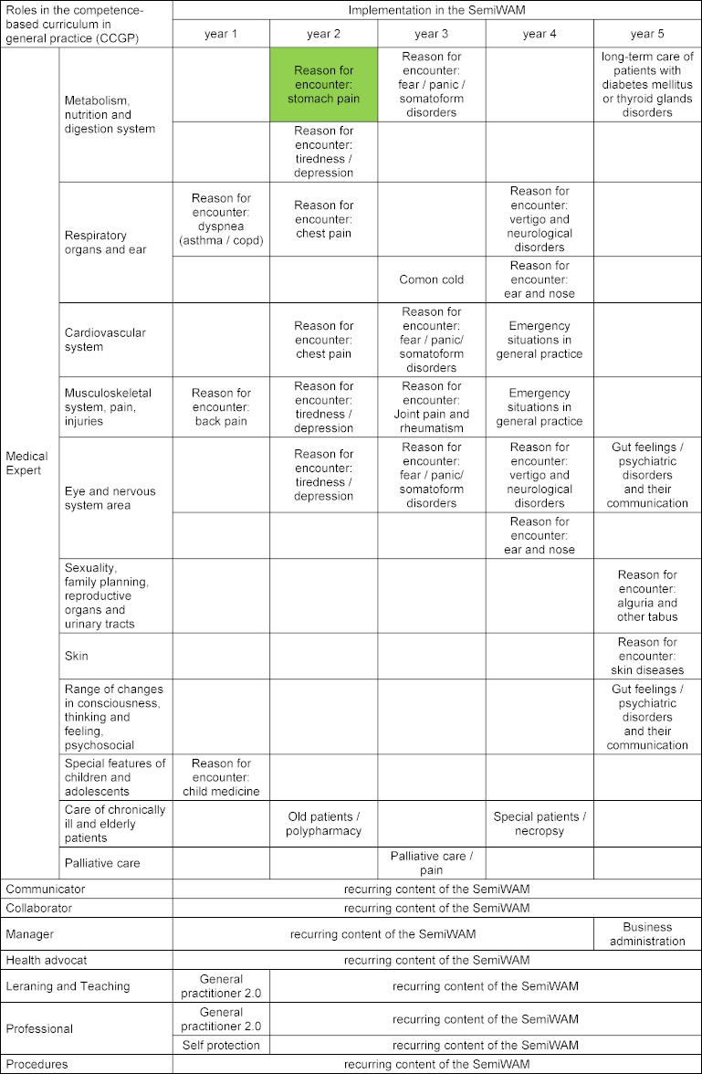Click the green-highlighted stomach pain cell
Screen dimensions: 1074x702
323,84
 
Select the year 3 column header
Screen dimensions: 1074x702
431,34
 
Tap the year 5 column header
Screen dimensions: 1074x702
647,34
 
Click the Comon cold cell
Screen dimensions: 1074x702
431,279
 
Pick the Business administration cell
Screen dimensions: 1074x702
647,934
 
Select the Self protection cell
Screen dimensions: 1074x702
221,1045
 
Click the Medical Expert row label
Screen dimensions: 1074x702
27,463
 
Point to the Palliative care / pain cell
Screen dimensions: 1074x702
431,863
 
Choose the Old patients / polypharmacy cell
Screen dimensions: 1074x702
323,824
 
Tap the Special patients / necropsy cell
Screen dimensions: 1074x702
540,824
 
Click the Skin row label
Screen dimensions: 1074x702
77,656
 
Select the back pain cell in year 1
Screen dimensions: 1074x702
221,407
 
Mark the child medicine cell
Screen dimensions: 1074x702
221,777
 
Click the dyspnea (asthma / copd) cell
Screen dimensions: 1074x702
221,219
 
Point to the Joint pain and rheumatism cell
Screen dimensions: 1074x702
431,407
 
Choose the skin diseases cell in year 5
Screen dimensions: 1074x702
647,656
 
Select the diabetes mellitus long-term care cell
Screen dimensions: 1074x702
647,84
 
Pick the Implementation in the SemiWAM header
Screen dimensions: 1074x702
436,9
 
